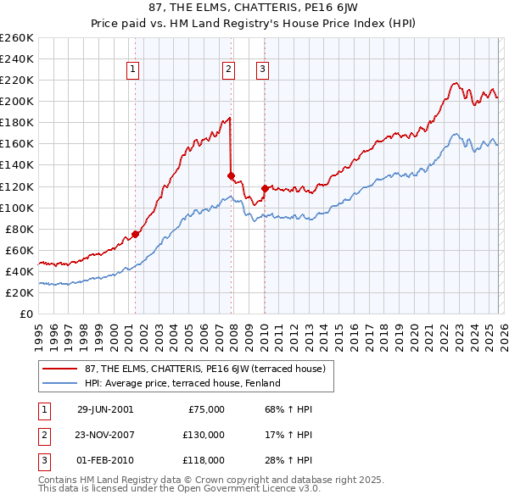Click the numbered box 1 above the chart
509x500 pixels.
135,70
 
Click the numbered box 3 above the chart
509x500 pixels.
263,70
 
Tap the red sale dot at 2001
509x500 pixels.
136,234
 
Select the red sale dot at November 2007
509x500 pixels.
231,175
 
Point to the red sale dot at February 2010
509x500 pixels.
265,188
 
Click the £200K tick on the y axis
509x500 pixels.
18,101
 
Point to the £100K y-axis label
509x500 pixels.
18,208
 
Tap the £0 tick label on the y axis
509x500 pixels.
25,314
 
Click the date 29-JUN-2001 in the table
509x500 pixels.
105,409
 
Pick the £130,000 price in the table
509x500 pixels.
204,435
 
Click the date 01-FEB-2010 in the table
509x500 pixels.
105,460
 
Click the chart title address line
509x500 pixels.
255,8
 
